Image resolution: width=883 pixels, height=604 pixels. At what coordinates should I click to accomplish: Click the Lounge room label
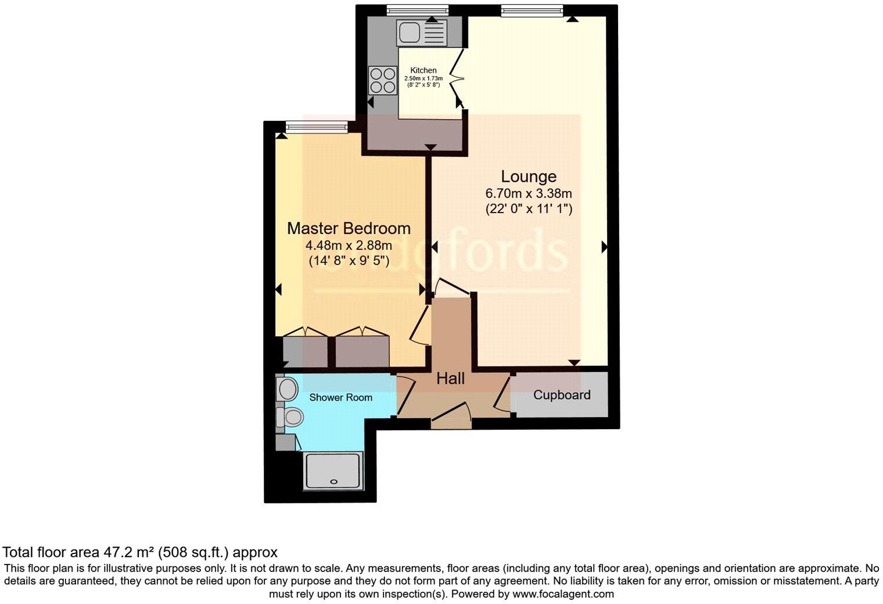[528, 177]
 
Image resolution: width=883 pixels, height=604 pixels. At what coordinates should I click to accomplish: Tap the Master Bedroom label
[349, 228]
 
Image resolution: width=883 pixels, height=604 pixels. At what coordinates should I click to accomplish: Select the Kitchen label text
[423, 70]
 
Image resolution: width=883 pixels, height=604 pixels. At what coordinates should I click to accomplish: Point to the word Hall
[450, 379]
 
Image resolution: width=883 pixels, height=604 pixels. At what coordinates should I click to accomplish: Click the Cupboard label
[561, 396]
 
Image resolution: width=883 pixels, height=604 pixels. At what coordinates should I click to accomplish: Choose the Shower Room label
[340, 398]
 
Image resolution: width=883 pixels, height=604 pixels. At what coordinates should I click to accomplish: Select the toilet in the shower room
[290, 416]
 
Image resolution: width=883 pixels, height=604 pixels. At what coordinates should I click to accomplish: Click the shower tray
[333, 470]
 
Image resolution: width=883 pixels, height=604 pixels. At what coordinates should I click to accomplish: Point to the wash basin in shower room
[285, 388]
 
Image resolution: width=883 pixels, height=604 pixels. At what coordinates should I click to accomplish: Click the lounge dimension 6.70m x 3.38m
[528, 194]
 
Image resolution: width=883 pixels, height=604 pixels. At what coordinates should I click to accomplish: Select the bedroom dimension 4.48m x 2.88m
[349, 246]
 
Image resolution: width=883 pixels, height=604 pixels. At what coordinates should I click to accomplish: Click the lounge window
[532, 10]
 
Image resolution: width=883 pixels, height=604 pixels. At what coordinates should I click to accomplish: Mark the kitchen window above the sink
[418, 10]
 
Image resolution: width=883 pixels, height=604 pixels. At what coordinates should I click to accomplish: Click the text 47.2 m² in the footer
[128, 552]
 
